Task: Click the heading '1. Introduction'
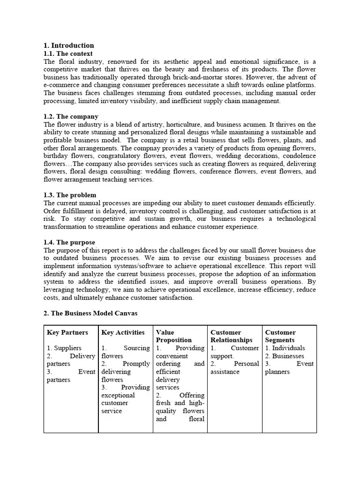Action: tap(68, 45)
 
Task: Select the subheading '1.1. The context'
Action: tap(68, 54)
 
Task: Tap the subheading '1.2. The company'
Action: tap(71, 116)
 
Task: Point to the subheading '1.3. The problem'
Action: tap(70, 195)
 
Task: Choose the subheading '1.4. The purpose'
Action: tap(70, 242)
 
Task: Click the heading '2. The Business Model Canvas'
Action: tap(90, 313)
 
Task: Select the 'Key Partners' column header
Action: tap(67, 332)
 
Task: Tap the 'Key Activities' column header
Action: tap(123, 332)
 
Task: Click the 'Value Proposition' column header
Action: tap(173, 336)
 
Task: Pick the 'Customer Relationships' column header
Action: tap(232, 336)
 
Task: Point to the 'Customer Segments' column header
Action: tap(280, 336)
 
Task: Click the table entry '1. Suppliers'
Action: tap(64, 348)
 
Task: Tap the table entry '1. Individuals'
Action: tap(285, 348)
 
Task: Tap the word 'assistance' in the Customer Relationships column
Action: tap(225, 372)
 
